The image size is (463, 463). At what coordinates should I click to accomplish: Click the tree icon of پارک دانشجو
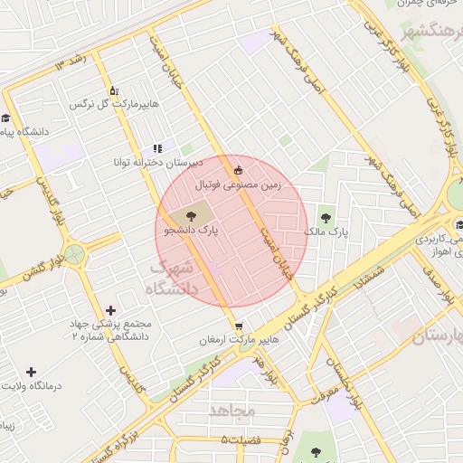tap(190, 215)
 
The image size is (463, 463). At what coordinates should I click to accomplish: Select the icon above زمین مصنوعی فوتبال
tap(238, 169)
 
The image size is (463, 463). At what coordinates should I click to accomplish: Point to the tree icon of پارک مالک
tap(326, 217)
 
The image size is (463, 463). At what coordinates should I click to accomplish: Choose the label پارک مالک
tap(326, 232)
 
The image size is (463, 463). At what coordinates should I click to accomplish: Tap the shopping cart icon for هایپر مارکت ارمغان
tap(238, 326)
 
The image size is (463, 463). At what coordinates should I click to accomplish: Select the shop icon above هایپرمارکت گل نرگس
tap(114, 91)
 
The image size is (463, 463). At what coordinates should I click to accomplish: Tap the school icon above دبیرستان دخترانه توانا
tap(157, 148)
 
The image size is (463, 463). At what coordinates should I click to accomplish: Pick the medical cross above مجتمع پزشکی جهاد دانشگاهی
tap(110, 310)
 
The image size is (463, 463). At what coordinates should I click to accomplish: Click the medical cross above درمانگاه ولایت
tap(31, 372)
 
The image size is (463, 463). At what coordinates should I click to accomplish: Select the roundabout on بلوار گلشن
tap(73, 255)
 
